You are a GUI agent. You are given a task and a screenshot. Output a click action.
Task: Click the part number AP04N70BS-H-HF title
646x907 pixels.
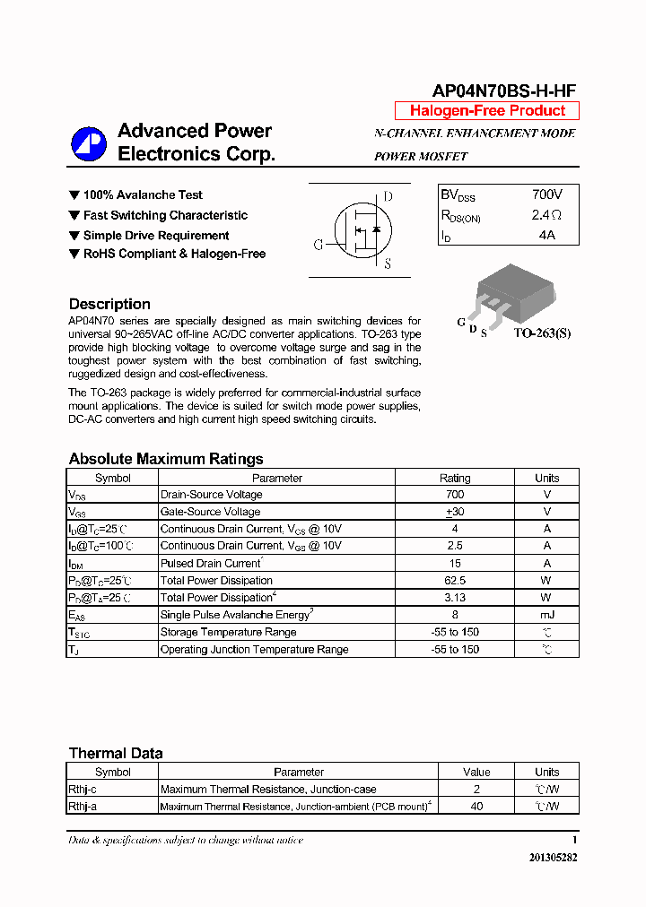[504, 91]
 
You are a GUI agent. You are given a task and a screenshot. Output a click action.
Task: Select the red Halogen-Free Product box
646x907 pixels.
[487, 111]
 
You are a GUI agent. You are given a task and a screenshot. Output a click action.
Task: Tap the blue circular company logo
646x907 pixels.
[89, 144]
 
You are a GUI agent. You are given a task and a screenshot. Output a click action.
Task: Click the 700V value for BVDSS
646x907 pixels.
[546, 194]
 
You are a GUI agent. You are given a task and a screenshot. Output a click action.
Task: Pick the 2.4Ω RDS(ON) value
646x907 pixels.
[546, 215]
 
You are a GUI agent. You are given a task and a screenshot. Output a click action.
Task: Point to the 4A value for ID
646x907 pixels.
[546, 235]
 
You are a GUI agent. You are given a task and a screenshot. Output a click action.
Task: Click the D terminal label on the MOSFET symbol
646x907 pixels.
[388, 197]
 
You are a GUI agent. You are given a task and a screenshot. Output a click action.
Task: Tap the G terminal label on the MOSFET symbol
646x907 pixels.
[318, 245]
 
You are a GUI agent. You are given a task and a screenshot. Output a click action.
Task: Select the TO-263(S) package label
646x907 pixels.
[541, 333]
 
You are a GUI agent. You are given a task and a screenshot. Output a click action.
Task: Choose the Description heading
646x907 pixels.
[109, 304]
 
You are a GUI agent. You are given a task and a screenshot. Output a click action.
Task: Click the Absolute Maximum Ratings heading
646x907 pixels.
[166, 459]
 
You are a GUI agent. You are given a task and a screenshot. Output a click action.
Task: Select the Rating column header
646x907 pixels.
[455, 478]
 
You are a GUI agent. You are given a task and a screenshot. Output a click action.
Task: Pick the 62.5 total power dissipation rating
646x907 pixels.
[455, 581]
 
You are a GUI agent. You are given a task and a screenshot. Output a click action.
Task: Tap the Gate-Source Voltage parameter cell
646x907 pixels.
[210, 512]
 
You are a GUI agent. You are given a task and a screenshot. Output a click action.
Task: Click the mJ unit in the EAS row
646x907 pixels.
[546, 615]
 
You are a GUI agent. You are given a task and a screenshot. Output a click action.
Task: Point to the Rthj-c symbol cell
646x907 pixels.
[83, 790]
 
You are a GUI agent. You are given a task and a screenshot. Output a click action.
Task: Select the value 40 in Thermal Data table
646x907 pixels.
[476, 807]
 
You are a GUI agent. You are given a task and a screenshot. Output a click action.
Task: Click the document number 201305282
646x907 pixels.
[553, 858]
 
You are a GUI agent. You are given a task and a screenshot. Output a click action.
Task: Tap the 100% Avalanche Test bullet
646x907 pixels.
[142, 194]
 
